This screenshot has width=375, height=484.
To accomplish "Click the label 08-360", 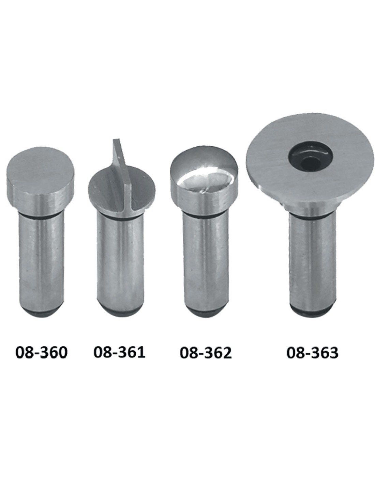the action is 42,353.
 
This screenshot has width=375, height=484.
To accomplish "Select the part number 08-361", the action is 119,352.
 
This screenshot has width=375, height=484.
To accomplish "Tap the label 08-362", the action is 206,353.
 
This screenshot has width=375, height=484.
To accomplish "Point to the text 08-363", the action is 312,353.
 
